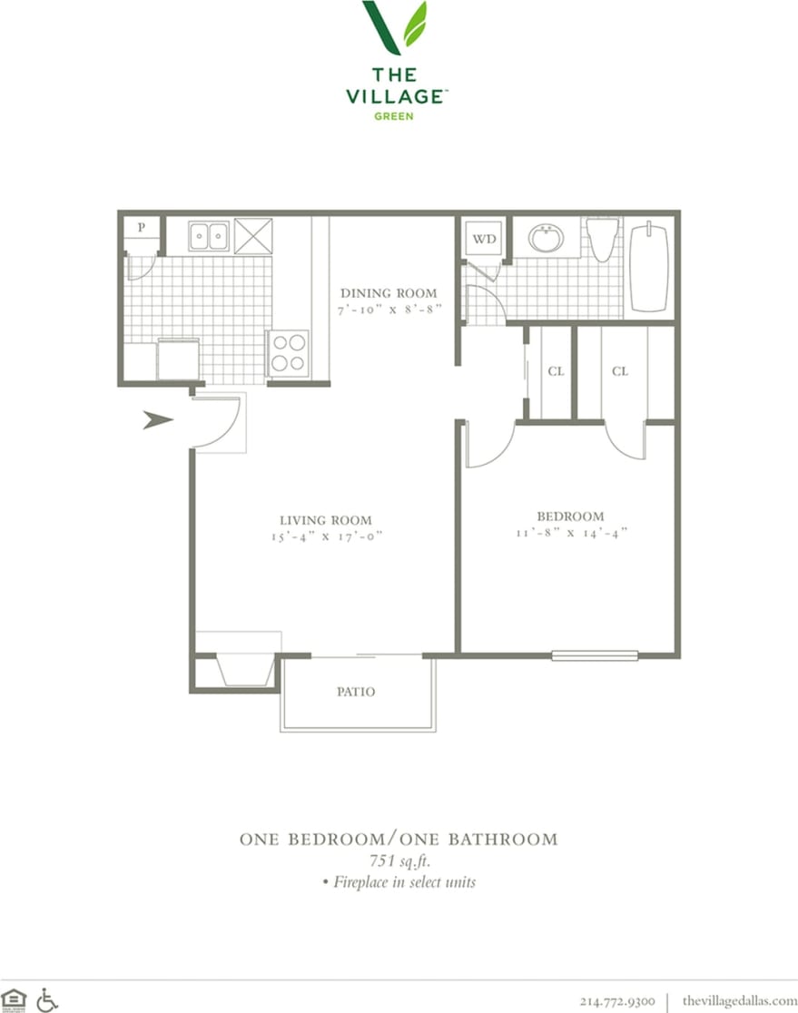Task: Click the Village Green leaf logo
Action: coord(395,27)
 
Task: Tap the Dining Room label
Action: coord(389,293)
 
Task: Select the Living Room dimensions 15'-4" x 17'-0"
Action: coord(326,536)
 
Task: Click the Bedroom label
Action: coord(569,516)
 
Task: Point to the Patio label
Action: coord(356,692)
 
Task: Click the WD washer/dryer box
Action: coord(485,240)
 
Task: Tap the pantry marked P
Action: coord(143,227)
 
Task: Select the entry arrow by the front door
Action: coord(158,419)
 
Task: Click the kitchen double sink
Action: coord(209,237)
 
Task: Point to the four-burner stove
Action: coord(288,353)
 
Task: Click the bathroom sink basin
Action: coord(546,239)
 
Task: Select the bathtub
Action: coord(649,268)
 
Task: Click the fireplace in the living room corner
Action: coord(245,671)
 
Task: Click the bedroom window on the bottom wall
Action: coord(595,654)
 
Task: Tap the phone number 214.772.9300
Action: coord(616,1001)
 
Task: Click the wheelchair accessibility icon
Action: coord(47,999)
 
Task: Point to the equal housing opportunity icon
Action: coord(15,999)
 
